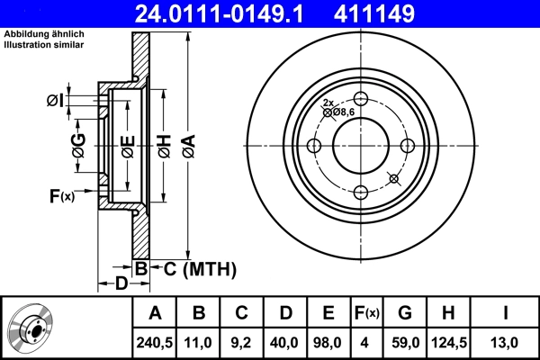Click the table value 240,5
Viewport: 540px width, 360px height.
[155, 342]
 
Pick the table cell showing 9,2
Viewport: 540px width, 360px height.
[242, 342]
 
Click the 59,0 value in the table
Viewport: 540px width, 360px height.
[405, 342]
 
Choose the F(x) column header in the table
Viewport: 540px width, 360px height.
[366, 313]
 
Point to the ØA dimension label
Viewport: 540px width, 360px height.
[187, 146]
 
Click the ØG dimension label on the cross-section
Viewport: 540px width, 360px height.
[78, 146]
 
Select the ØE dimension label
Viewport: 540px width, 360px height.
[128, 146]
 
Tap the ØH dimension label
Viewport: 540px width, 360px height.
[164, 146]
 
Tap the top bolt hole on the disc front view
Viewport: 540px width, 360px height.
[360, 100]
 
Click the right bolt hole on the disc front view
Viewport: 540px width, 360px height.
[407, 146]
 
